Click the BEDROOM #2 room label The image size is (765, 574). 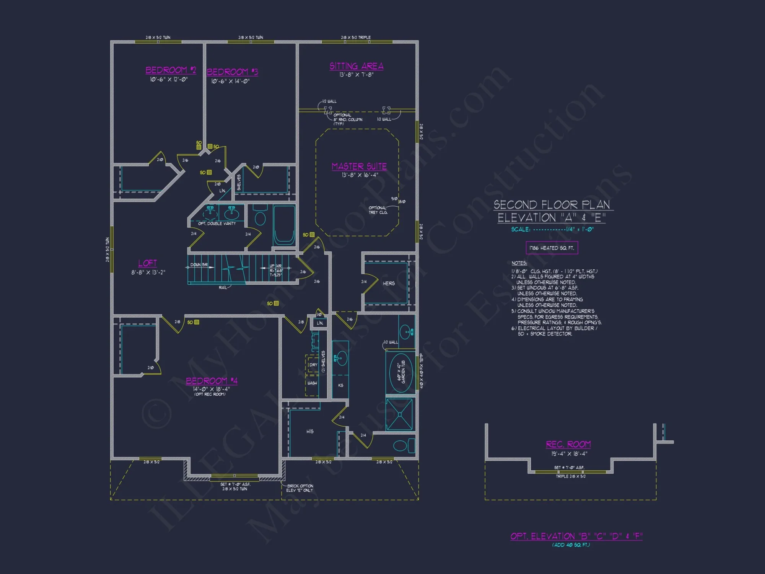tap(171, 70)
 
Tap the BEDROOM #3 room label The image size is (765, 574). tap(232, 72)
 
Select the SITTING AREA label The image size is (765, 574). tap(356, 66)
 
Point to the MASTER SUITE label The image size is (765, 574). tap(359, 166)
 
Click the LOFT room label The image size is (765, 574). tap(148, 263)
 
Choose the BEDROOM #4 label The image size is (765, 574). tap(212, 381)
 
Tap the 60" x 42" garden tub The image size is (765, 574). tap(400, 372)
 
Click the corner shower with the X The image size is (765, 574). tap(399, 414)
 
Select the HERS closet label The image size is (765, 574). tap(389, 284)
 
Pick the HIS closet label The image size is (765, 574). tap(310, 432)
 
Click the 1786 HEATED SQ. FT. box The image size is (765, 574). tap(552, 248)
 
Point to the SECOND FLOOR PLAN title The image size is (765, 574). tap(552, 205)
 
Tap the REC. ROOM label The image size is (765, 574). tap(568, 444)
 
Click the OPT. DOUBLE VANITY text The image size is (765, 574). tap(217, 223)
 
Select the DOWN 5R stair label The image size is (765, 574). tap(199, 265)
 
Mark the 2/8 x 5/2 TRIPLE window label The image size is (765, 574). tap(356, 38)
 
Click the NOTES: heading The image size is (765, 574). tap(519, 263)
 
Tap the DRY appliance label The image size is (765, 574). tap(313, 365)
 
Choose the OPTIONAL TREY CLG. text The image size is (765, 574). tap(378, 210)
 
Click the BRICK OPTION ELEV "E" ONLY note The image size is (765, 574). tap(300, 488)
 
